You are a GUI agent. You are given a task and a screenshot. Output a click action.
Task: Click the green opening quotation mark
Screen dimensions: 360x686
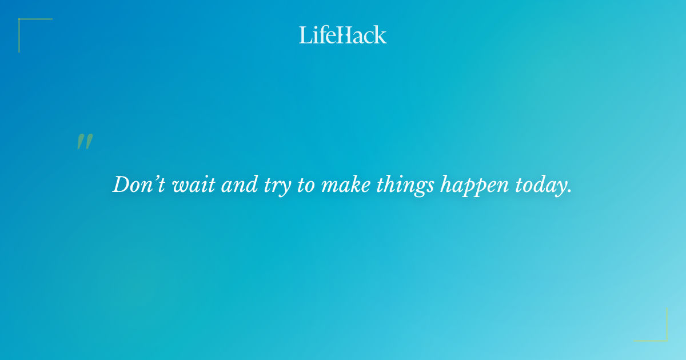click(x=85, y=142)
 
